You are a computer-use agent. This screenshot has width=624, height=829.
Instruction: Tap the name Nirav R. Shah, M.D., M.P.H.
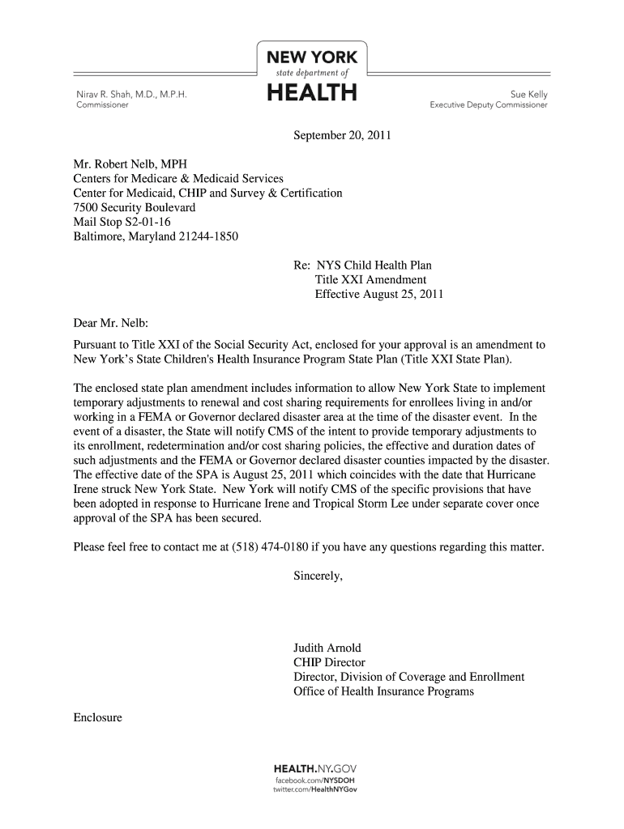130,94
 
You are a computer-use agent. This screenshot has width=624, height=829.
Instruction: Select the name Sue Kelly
528,94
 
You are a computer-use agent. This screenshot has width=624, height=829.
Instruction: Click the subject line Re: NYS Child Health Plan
361,266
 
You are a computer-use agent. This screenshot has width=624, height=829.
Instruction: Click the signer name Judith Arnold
327,648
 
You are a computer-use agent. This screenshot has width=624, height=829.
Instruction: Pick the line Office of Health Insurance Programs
383,691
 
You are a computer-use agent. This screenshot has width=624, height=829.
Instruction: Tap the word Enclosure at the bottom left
97,717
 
